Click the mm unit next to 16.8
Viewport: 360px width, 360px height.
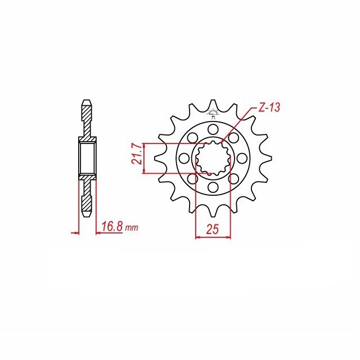[131, 228]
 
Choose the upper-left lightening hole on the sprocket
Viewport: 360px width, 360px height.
[192, 138]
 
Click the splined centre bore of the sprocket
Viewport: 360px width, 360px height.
[213, 158]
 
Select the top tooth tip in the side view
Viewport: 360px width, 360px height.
[86, 103]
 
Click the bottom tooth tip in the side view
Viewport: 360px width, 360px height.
[86, 214]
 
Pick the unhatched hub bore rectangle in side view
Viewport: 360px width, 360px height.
[86, 159]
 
